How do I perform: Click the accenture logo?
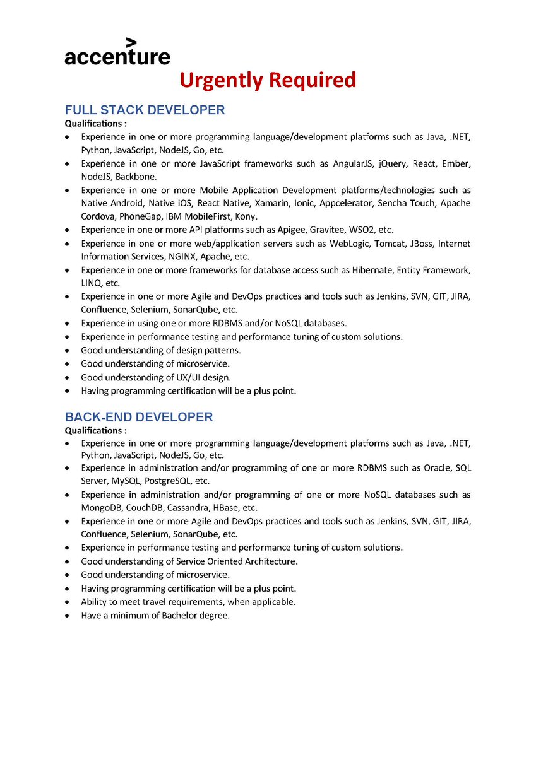tap(117, 53)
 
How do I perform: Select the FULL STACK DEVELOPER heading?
tap(145, 110)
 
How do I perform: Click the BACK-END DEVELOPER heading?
tap(139, 417)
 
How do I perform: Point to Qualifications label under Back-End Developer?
tap(95, 430)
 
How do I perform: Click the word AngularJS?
tap(350, 163)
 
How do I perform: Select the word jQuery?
tap(392, 163)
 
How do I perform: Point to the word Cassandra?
tap(188, 507)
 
